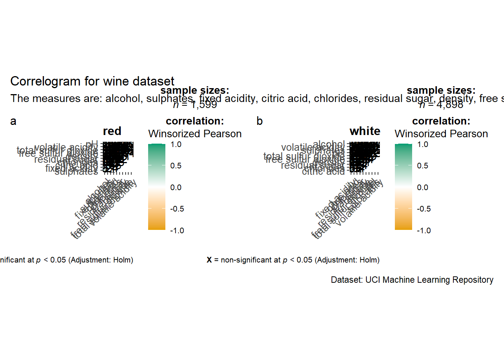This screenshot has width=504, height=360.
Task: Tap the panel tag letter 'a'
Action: click(13, 121)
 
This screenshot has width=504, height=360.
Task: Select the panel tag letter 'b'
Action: click(259, 121)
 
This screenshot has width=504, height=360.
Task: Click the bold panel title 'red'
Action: click(112, 131)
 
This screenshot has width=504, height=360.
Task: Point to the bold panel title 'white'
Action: click(365, 131)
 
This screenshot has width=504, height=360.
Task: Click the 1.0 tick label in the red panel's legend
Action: click(176, 144)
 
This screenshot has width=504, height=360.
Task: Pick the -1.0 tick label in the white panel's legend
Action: click(424, 231)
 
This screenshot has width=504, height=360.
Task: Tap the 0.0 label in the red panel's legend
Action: click(176, 187)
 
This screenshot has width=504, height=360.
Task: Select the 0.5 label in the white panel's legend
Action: click(423, 166)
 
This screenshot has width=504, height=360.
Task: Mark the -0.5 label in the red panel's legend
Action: click(177, 209)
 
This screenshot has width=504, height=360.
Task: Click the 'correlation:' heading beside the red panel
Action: click(195, 121)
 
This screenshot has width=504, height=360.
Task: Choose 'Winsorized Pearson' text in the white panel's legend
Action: click(441, 134)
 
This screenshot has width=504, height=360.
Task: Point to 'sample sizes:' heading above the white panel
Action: click(441, 90)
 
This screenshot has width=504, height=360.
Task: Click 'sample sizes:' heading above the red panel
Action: click(195, 90)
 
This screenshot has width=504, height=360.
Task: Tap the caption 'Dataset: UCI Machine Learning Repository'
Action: click(412, 280)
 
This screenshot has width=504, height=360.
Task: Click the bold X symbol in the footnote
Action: click(209, 260)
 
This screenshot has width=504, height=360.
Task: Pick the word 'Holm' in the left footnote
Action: click(122, 260)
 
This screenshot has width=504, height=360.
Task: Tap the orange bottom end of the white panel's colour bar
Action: click(403, 227)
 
